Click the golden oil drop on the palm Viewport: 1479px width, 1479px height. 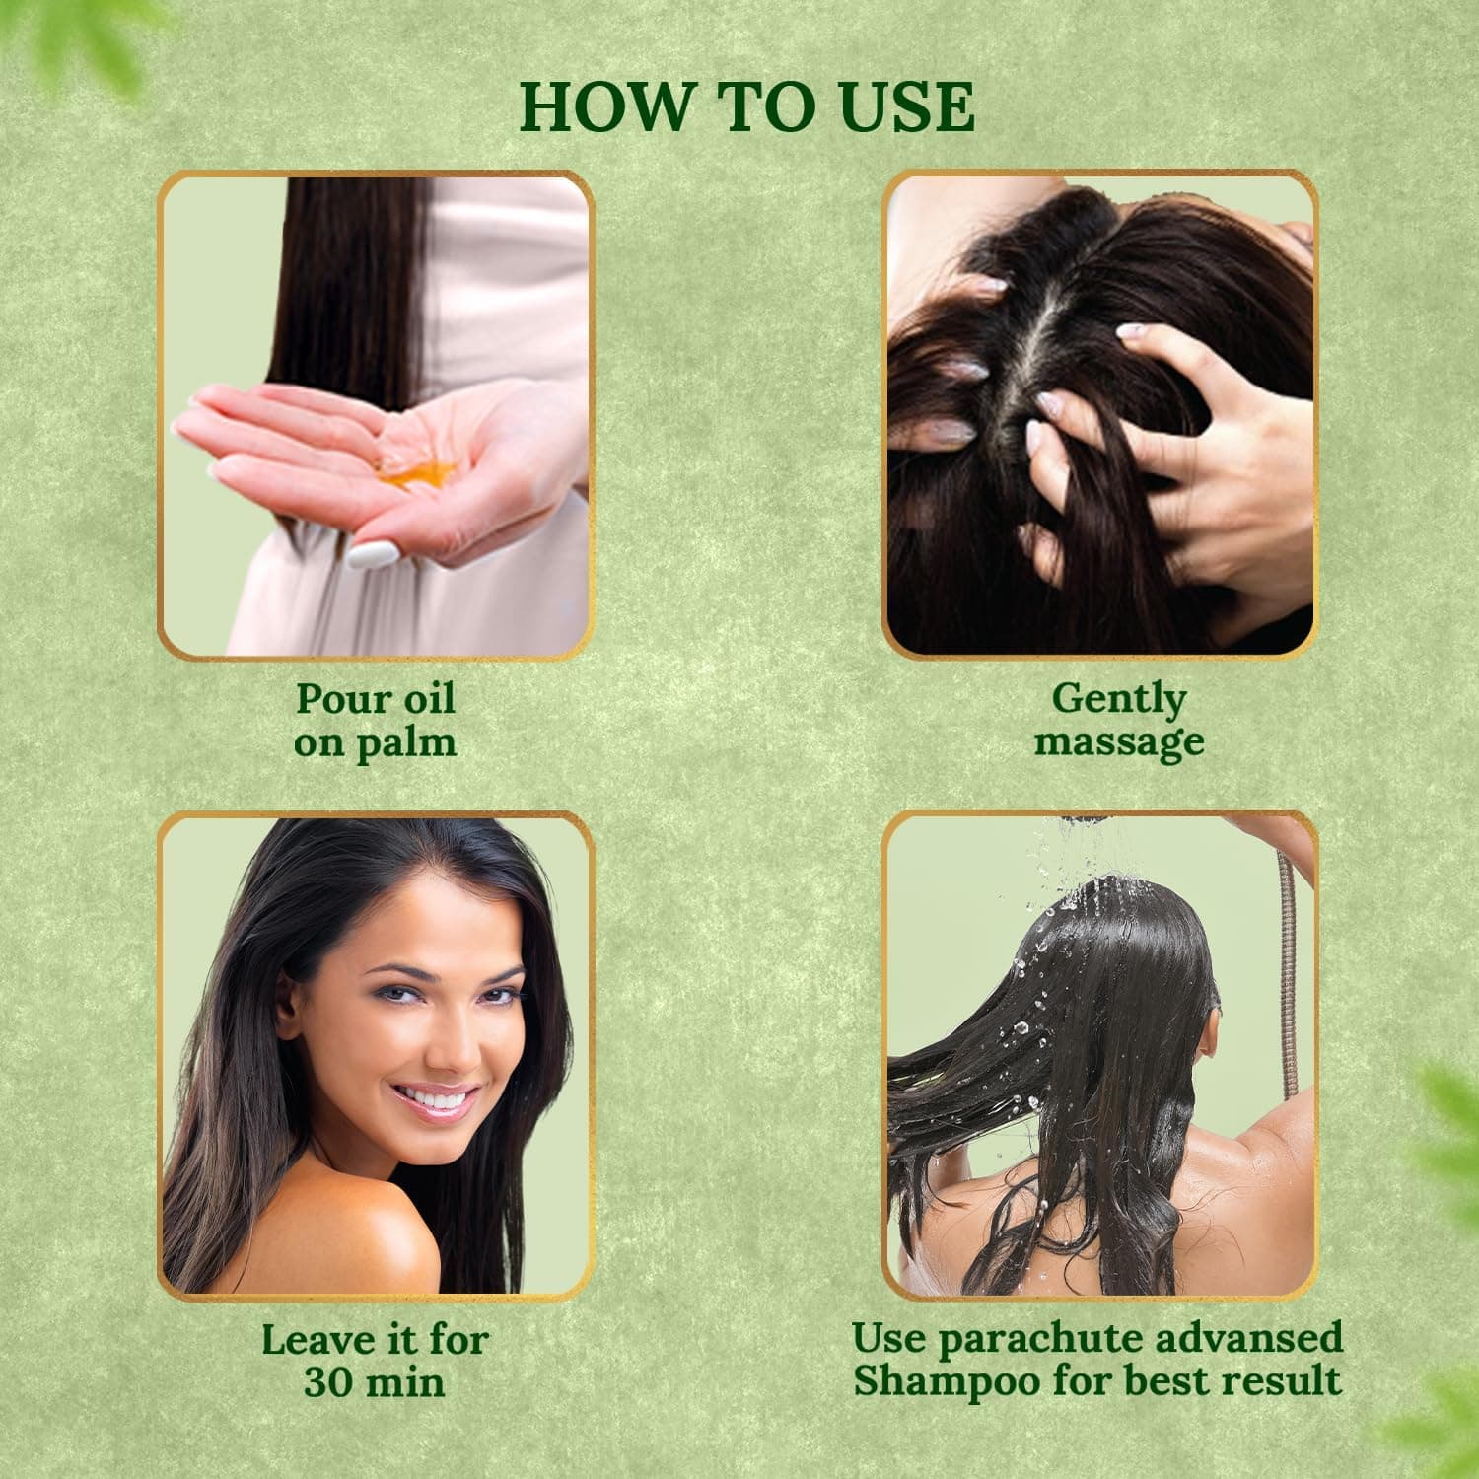[x=415, y=476]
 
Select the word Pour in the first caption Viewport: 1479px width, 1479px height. [x=333, y=699]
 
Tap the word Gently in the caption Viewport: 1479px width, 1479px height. [x=1118, y=699]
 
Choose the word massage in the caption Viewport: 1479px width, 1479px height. [x=1118, y=740]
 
